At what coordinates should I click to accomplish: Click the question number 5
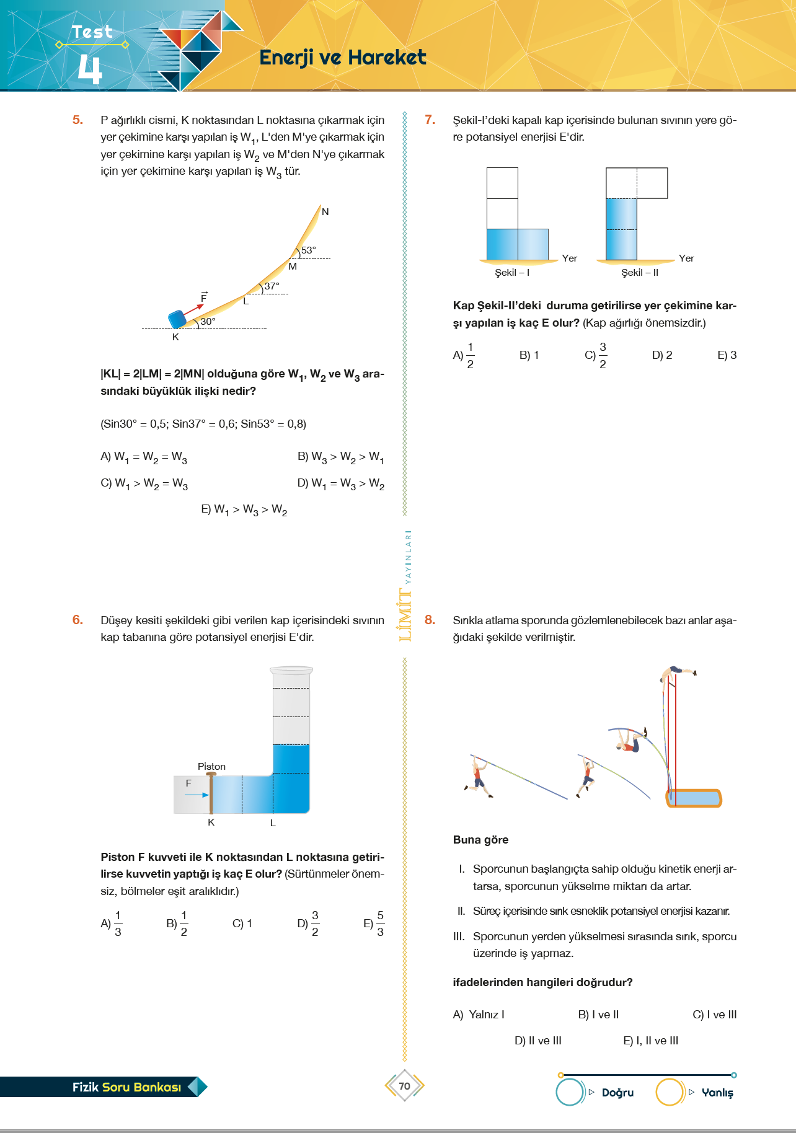click(x=77, y=120)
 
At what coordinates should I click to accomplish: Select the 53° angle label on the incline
click(x=309, y=250)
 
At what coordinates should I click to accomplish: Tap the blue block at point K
click(x=177, y=319)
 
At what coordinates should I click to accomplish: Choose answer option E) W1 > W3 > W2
click(x=244, y=509)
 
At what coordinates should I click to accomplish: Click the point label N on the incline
click(x=325, y=212)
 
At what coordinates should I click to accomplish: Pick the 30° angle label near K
click(x=208, y=322)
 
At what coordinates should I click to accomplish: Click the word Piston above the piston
click(x=211, y=767)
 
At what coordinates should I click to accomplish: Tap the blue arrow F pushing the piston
click(x=197, y=795)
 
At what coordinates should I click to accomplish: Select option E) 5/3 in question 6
click(x=374, y=924)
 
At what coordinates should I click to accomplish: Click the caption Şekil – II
click(x=640, y=273)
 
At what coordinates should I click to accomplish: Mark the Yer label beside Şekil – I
click(x=569, y=258)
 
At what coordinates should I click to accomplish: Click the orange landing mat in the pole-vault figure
click(x=695, y=798)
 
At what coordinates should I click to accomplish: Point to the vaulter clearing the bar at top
click(x=678, y=672)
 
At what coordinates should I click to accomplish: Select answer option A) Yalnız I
click(x=479, y=1015)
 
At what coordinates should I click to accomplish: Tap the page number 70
click(x=404, y=1086)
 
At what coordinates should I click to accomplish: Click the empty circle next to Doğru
click(x=570, y=1092)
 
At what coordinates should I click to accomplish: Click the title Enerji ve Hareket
click(x=342, y=58)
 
